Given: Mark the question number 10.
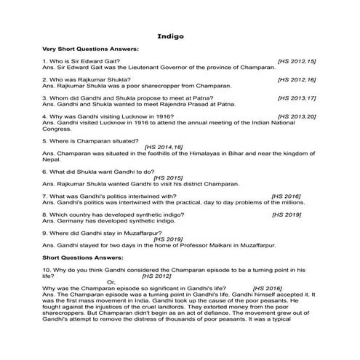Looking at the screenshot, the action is tap(47, 268).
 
